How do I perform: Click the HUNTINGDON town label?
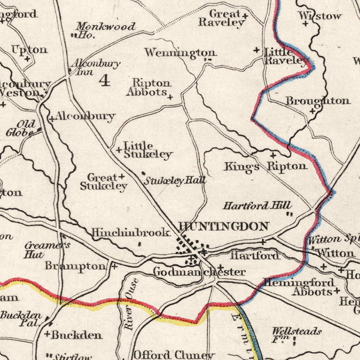point(223,227)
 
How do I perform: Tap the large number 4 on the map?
point(104,81)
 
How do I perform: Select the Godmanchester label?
point(199,272)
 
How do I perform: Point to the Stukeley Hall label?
point(175,181)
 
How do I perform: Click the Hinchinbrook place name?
point(131,232)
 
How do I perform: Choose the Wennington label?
point(180,53)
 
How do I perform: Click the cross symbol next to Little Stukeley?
point(118,150)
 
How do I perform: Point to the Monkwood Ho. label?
point(105,30)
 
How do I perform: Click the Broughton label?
point(318,101)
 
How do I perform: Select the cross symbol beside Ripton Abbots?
point(170,97)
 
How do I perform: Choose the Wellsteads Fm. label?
point(296,334)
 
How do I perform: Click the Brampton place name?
point(76,266)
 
